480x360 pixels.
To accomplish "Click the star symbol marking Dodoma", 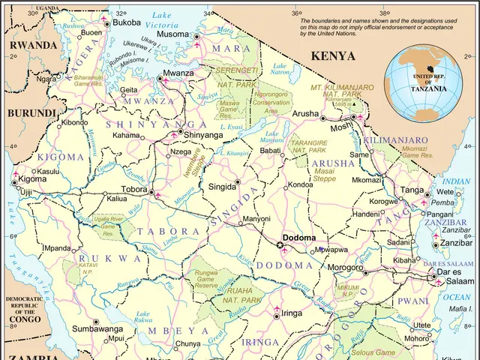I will (280, 244).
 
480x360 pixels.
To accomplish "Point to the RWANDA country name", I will (32, 45).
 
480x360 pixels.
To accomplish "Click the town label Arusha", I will (305, 113).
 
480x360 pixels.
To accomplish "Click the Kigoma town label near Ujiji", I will (32, 180).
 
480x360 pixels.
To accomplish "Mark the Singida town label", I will (221, 186).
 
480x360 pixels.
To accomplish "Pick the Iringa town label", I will (292, 313).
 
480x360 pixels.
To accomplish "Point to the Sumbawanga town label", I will (97, 328).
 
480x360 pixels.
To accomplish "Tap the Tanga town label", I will (412, 190).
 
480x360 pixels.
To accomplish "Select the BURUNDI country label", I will (31, 113).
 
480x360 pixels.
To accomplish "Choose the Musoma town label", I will (172, 34).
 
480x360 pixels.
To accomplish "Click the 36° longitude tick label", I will (296, 13).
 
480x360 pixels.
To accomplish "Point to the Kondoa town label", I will (301, 184).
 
